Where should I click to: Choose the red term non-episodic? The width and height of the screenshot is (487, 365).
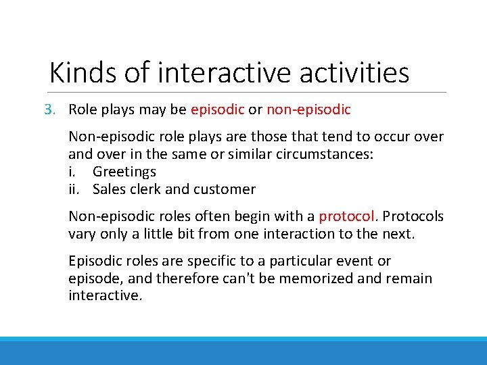pyautogui.click(x=308, y=109)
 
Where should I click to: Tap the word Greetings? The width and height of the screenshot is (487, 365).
pyautogui.click(x=124, y=172)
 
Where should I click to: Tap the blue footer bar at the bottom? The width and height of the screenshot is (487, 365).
pyautogui.click(x=243, y=351)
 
